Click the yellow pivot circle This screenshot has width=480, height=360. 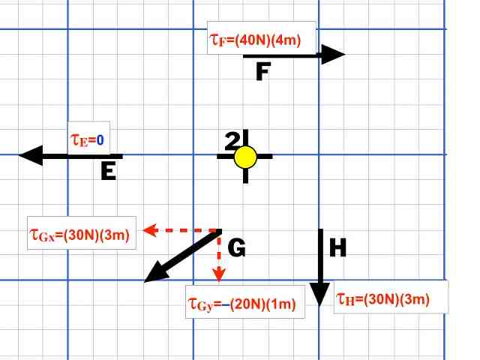(x=245, y=157)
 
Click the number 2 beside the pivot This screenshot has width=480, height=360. (x=232, y=139)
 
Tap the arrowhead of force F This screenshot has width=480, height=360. (x=335, y=54)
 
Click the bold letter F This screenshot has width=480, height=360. (x=262, y=73)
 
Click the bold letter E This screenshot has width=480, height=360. (x=108, y=172)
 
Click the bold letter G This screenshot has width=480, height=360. (x=236, y=248)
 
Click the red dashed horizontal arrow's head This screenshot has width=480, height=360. (x=149, y=229)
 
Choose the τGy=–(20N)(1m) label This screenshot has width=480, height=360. (x=244, y=304)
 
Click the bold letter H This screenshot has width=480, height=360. (x=338, y=248)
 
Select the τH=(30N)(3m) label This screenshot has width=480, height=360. (x=389, y=298)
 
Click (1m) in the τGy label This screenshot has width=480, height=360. (x=283, y=304)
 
